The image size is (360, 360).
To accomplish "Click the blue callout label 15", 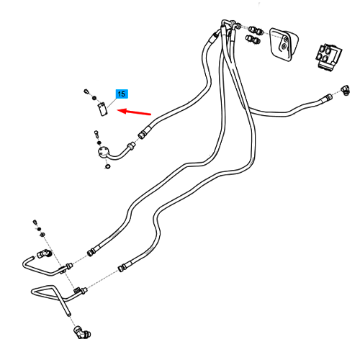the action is pos(122,94).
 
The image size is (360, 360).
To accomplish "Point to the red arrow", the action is pos(134,112).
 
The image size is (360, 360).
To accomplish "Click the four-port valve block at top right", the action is pos(328,56).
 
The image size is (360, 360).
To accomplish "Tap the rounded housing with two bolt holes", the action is pos(284,44).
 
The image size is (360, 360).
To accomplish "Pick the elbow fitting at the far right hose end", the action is pos(346,90).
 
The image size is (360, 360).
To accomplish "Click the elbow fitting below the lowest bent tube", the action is pos(81,332).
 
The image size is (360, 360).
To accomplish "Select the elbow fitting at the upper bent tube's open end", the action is pos(44,253).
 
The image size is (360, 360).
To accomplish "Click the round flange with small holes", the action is pos(104,153).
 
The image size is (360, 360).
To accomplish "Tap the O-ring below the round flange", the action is pos(108,166).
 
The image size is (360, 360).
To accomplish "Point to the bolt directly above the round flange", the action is pos(96,134).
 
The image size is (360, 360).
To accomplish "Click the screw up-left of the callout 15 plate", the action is pos(86,91).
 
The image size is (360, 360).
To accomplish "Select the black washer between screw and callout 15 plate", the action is pos(94,98).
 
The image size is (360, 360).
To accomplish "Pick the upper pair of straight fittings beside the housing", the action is pos(256,30).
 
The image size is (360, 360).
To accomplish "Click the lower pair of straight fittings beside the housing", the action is pos(253,39).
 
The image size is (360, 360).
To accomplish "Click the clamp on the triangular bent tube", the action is pos(77,291).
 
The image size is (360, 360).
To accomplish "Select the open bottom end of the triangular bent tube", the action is pos(68,314).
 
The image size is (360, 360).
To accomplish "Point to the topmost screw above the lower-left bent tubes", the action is pos(35,222).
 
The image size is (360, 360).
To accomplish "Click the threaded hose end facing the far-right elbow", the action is pos(328,97).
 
